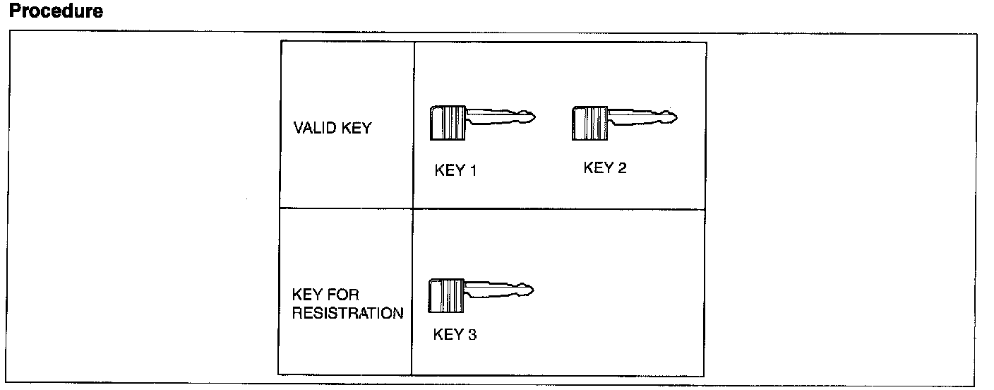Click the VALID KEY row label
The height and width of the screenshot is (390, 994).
[332, 129]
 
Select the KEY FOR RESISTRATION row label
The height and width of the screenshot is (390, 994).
[348, 305]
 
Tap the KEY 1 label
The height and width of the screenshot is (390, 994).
[455, 170]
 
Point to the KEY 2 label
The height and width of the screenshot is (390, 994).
[605, 168]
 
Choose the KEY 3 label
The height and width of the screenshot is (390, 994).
[455, 334]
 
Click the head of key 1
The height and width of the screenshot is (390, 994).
[448, 122]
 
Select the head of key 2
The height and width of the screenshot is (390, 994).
[589, 122]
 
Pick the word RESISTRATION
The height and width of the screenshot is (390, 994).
[348, 313]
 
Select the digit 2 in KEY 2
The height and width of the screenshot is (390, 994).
[621, 168]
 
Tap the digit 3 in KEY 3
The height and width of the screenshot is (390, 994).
[472, 334]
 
